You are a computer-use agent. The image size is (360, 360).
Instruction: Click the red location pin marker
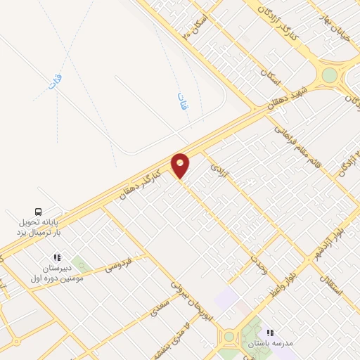[181, 166]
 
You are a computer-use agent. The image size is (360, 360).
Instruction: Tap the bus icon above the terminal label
[39, 211]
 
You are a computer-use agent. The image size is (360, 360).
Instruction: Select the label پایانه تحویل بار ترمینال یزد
[39, 226]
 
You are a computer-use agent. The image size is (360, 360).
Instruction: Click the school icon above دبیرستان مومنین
[57, 258]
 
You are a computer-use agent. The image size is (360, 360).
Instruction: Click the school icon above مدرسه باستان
[268, 333]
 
